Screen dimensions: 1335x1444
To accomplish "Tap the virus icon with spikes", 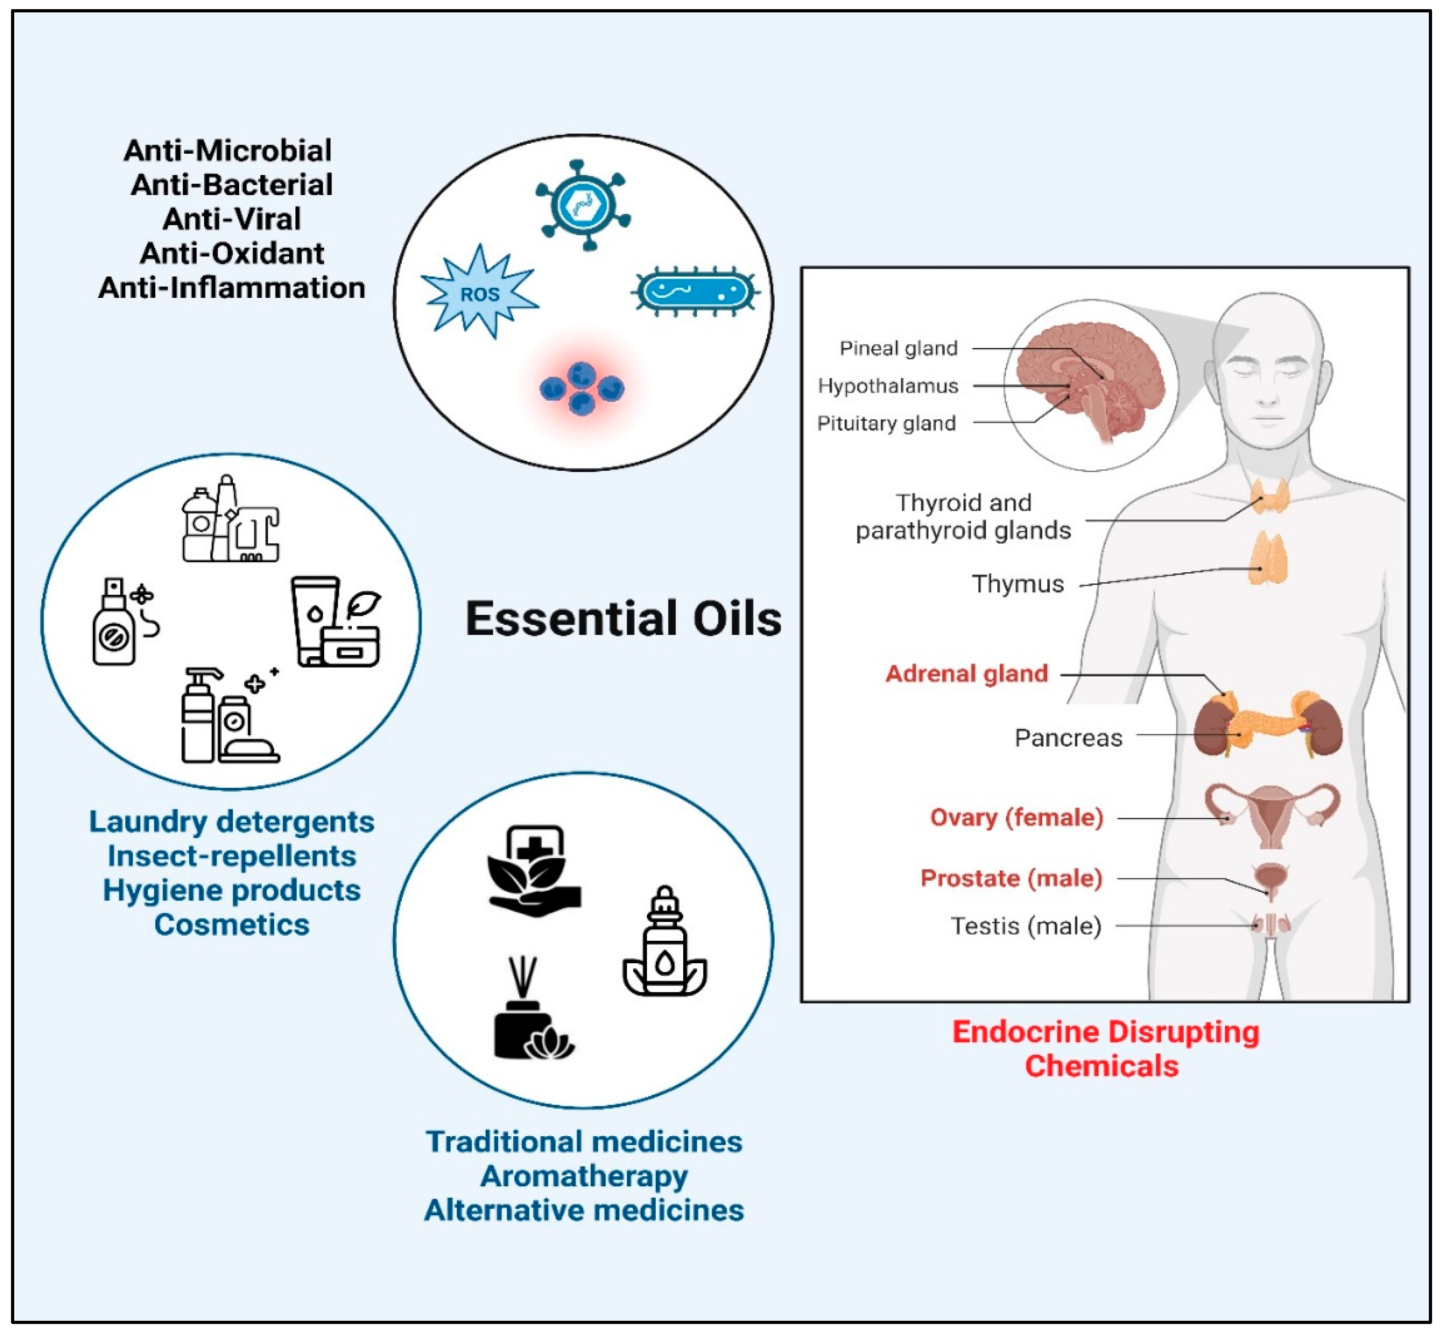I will (583, 205).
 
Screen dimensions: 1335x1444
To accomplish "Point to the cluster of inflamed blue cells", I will (582, 388).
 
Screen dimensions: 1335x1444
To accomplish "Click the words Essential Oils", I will (623, 619).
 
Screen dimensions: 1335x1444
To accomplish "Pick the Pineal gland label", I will (899, 348).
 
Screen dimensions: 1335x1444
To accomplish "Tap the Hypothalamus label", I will (888, 386).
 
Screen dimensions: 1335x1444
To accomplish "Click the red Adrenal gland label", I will (966, 673).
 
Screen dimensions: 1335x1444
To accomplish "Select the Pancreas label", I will (1068, 737).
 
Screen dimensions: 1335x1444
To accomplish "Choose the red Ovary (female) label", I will (1016, 817).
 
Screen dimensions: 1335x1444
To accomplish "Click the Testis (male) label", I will (1026, 925).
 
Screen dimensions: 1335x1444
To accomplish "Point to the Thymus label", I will (1017, 584).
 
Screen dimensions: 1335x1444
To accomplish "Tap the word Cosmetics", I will (231, 925).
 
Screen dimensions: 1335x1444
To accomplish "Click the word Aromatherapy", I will (584, 1176).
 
